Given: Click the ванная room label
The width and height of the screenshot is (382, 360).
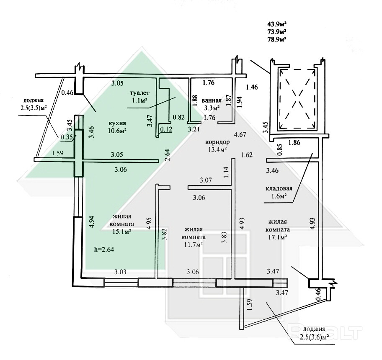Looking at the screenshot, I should [211, 100].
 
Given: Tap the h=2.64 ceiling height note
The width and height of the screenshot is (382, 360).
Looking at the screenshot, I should [105, 249].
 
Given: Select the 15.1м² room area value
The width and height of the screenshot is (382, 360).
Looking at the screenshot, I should [122, 231].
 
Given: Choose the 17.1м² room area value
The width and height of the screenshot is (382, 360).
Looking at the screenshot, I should [278, 237].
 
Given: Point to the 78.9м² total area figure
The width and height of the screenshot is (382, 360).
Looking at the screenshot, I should [277, 39].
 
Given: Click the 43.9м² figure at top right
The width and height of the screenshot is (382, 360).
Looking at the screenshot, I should [277, 24].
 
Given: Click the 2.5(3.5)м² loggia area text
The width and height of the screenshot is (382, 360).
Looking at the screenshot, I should [33, 108].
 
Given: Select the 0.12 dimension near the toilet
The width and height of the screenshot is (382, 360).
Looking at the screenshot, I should [166, 129].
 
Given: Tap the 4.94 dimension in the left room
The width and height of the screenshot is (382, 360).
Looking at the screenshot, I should [93, 221].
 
